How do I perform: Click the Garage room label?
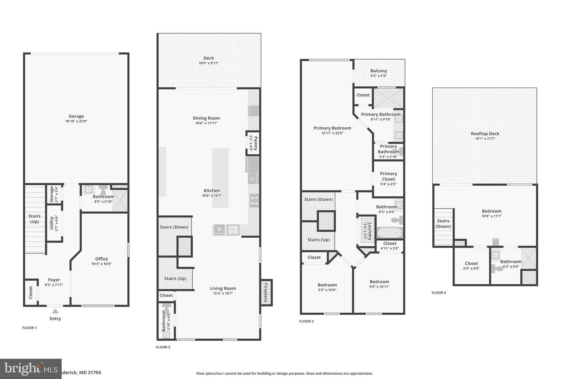coord(76,116)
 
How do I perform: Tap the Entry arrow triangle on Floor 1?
coord(55,311)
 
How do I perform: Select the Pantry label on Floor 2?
coord(256,143)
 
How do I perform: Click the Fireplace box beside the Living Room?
coord(266,293)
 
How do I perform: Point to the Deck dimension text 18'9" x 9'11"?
coord(208,63)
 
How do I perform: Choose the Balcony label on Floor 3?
coord(378,71)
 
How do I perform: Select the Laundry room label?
coord(370,231)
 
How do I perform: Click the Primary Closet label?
coord(388,176)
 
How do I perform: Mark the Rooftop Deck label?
coord(485,134)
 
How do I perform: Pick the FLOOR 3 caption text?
coord(306,321)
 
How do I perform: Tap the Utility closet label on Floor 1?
coord(51,223)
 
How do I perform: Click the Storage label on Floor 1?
coord(51,194)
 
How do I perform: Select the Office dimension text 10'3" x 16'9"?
coord(101,264)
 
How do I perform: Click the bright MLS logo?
coord(31,369)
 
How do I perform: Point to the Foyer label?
coord(54,280)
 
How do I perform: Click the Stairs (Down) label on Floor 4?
coord(443,224)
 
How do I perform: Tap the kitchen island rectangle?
coord(220,178)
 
